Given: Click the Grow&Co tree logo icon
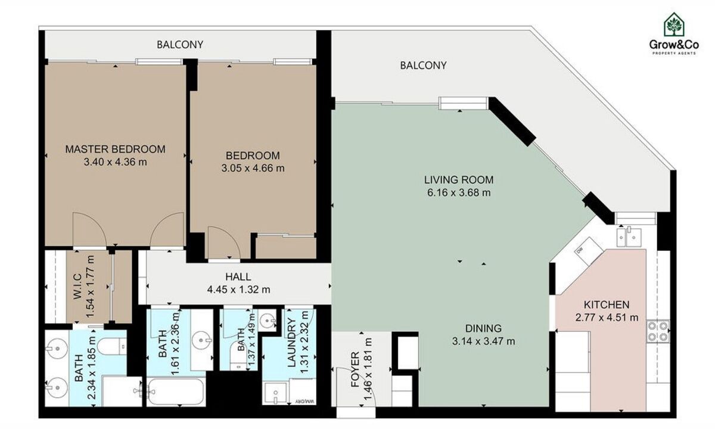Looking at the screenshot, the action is pos(674,24).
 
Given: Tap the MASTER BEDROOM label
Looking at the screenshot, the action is pos(115,149).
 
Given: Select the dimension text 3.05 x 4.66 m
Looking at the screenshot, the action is pos(253,168).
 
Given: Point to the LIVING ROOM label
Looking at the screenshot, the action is pos(459,180).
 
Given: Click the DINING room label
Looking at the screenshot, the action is pos(483,328).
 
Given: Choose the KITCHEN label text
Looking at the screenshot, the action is pos(607,304).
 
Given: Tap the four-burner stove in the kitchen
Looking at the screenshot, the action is pos(658,331).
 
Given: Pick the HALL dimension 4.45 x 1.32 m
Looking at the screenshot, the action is pos(238,290).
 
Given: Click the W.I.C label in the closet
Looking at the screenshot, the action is pos(77,287).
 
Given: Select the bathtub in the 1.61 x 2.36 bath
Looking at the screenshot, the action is pos(176,391).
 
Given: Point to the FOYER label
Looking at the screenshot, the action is pos(355,369).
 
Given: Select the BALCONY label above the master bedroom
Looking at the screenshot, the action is pos(180,45).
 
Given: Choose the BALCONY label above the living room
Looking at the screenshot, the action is pos(423,66).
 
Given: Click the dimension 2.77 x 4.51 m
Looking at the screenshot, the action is pos(607,318).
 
